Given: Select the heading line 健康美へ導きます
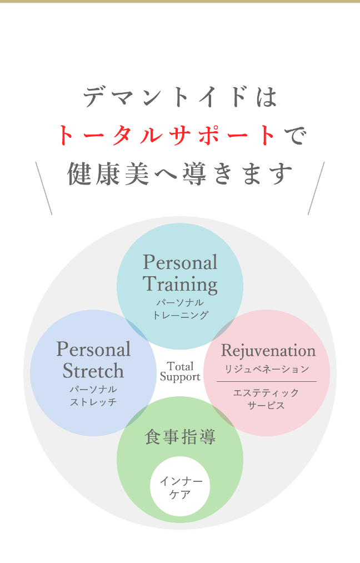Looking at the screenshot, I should coord(179,173).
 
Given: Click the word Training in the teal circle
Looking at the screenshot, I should coord(180,284).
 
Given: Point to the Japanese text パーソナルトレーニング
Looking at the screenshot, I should coord(180,308).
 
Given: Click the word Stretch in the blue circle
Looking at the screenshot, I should coord(93,370).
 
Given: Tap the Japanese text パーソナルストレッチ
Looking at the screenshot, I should coord(93,395).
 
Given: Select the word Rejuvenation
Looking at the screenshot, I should coord(268,351).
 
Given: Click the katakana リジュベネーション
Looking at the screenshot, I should coord(267,369).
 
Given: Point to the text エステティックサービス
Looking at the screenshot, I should coord(266,398).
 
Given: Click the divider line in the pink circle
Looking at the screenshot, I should coord(266,382).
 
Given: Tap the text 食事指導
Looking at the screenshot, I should coord(180,437).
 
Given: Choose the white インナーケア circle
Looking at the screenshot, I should coord(180,487).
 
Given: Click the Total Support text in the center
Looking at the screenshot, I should coord(180,371).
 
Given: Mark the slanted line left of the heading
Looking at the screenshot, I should coord(44,188).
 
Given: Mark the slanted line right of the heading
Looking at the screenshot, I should coord(316,188).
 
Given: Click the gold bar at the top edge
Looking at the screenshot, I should coord(180,2).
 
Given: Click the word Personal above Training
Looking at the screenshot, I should coord(180,262).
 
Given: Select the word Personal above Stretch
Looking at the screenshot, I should coord(93,349).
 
